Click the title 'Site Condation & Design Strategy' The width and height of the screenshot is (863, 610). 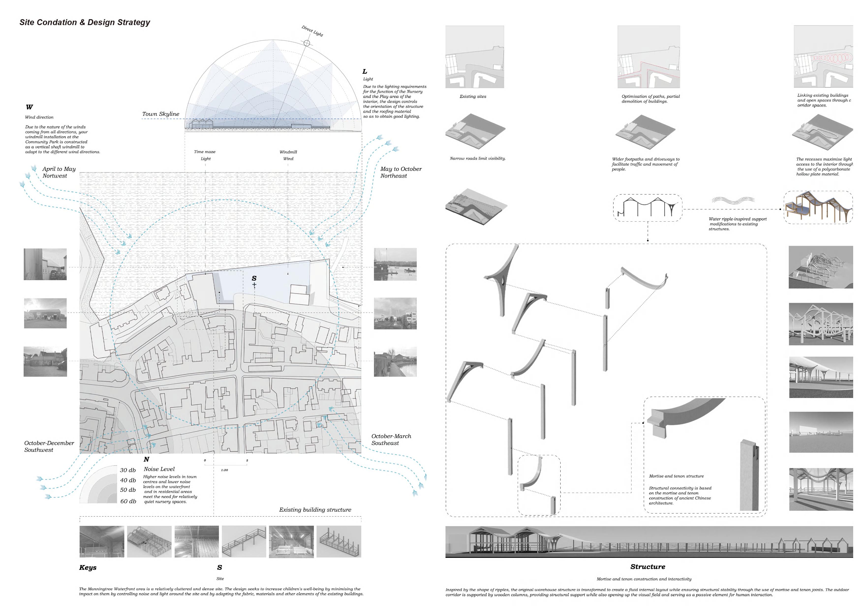85,23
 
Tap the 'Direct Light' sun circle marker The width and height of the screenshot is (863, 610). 307,43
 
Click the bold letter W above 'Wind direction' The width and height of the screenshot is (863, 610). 29,107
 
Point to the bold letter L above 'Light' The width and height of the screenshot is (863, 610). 365,71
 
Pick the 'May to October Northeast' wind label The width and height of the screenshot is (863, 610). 401,172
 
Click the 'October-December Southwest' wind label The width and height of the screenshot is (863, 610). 49,446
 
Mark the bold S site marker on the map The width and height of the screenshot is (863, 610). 254,278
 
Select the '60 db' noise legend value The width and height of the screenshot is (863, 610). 128,501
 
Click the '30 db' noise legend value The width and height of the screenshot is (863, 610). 128,470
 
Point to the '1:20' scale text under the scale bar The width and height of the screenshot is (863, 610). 224,470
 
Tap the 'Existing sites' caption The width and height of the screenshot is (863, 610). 473,97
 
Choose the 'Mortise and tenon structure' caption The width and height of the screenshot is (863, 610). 676,476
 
